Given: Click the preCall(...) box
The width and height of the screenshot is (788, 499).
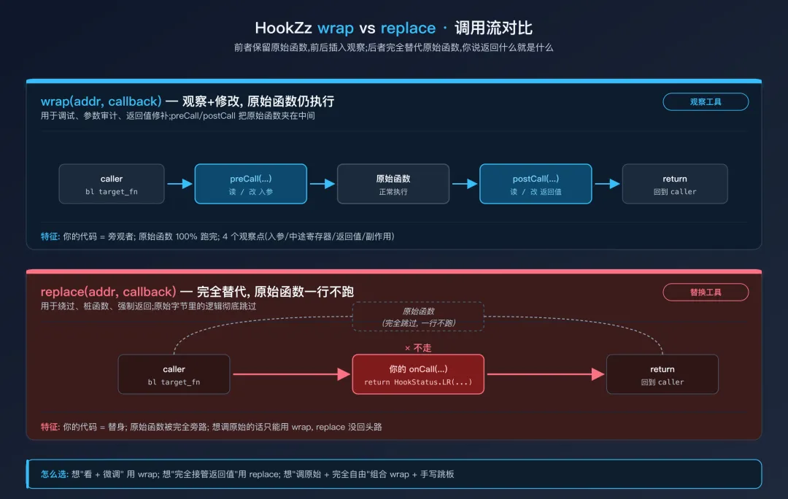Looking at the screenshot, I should pyautogui.click(x=250, y=184).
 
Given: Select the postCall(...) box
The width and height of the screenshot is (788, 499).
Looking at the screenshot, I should pyautogui.click(x=536, y=184).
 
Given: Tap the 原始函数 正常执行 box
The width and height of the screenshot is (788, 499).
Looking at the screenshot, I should pyautogui.click(x=393, y=184).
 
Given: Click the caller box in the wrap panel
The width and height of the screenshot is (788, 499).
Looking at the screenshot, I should pyautogui.click(x=112, y=184).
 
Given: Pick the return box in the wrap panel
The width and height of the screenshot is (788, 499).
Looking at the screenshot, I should pyautogui.click(x=674, y=184).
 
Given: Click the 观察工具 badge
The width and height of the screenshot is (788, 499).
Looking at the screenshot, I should pyautogui.click(x=705, y=102).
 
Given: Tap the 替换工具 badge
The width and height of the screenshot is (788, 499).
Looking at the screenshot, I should pyautogui.click(x=705, y=292).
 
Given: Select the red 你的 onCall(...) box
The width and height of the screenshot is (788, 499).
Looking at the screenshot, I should pyautogui.click(x=418, y=374).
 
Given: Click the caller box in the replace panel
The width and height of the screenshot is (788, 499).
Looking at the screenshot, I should pyautogui.click(x=174, y=374).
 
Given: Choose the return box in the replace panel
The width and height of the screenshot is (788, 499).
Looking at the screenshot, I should pyautogui.click(x=662, y=374).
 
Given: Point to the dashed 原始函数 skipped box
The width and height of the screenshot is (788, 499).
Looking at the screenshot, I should pyautogui.click(x=418, y=317).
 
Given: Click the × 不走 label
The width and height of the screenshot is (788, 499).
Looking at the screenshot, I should pyautogui.click(x=418, y=348).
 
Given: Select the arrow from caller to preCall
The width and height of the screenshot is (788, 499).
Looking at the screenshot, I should pyautogui.click(x=179, y=184).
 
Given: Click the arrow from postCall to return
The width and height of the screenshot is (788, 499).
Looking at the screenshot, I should pyautogui.click(x=606, y=184).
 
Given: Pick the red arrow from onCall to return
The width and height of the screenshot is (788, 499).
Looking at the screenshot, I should pyautogui.click(x=546, y=374).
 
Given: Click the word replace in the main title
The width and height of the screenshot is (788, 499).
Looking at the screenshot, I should pyautogui.click(x=408, y=28).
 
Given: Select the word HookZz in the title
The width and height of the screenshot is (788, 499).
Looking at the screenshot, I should pyautogui.click(x=283, y=28).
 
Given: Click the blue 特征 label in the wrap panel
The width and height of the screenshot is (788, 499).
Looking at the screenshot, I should pyautogui.click(x=50, y=236).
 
